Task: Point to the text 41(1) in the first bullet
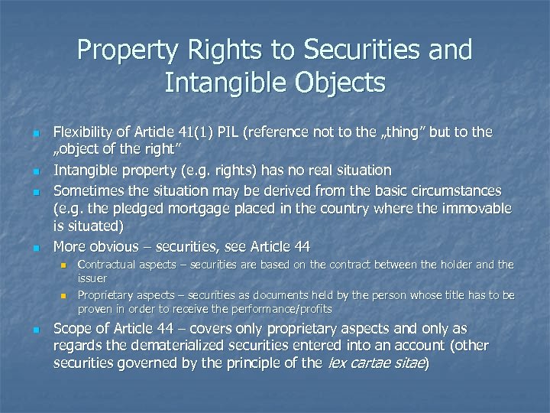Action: point(200,132)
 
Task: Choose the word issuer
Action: point(92,279)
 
